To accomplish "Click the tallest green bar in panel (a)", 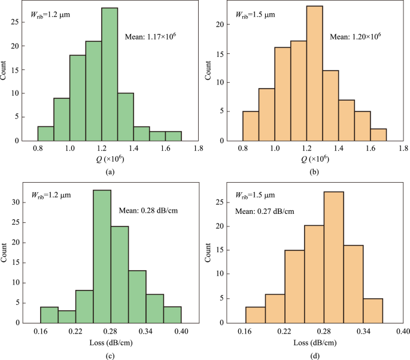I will [110, 74].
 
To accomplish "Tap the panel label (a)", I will [109, 171].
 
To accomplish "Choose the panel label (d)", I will [314, 353].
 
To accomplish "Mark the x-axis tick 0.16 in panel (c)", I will [40, 330].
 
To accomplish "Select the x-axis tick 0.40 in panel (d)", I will [403, 330].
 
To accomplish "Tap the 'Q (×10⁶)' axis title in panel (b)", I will [314, 159].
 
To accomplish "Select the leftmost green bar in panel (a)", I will [45, 134].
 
